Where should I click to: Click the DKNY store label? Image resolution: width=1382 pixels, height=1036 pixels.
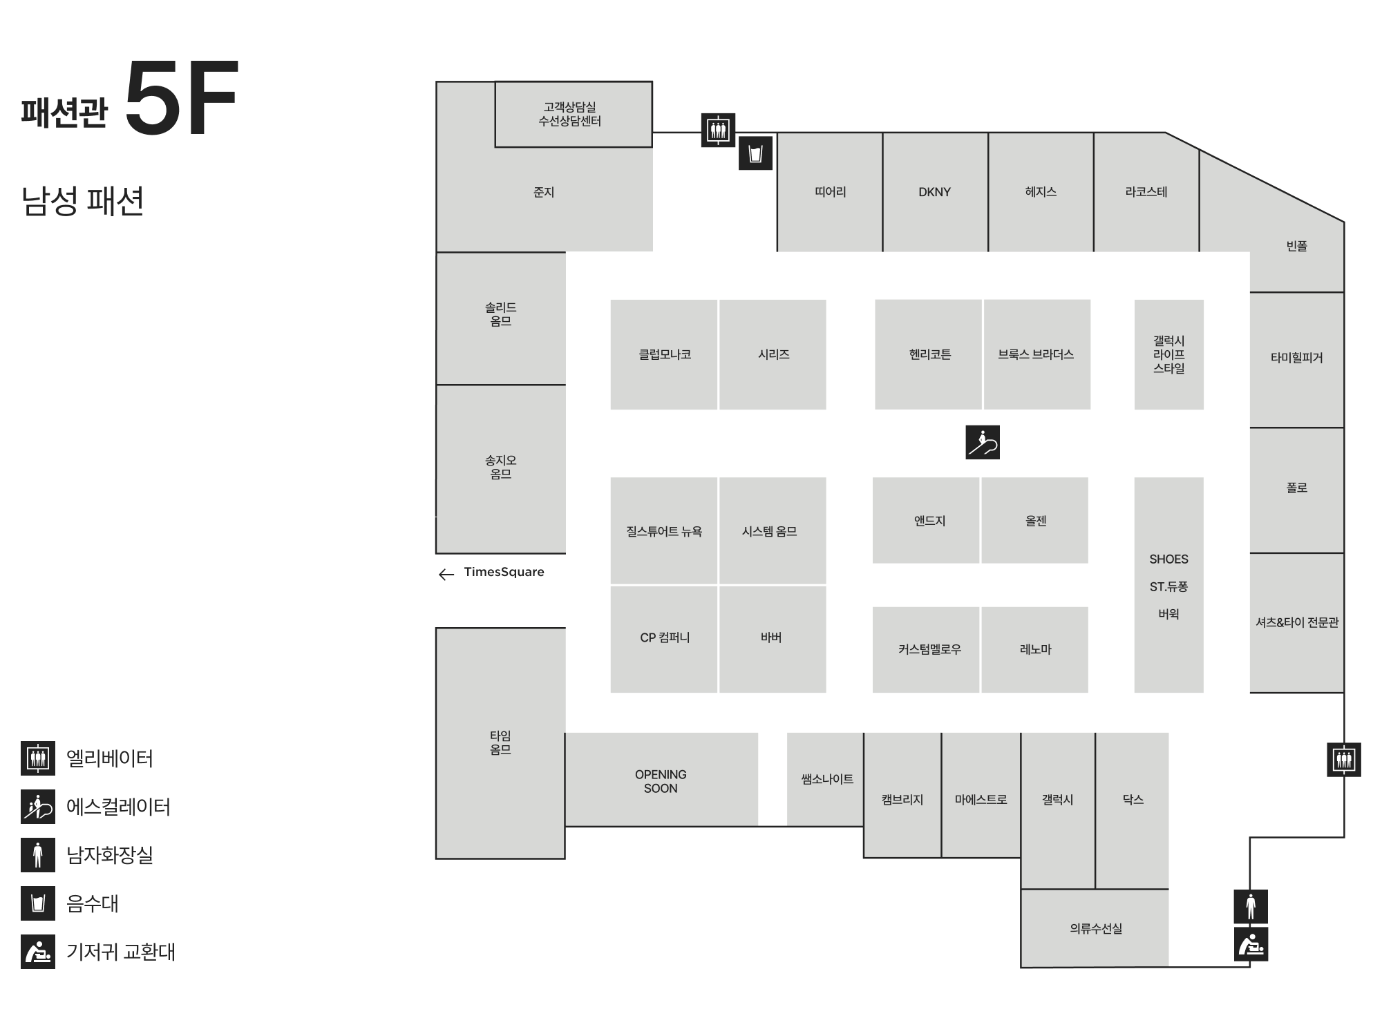coord(934,192)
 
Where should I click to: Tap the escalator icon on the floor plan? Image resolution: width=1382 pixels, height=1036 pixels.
coord(983,443)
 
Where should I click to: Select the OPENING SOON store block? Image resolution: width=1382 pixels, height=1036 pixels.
coord(661,779)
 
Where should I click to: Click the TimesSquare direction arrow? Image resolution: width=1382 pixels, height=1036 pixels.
coord(446,574)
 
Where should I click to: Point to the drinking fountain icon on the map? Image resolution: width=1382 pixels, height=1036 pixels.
coord(755,153)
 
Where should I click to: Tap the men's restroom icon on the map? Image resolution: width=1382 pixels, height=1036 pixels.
coord(1251,906)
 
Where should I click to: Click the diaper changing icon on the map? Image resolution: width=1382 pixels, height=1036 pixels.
coord(1251,944)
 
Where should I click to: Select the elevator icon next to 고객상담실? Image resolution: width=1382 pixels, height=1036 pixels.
coord(718,130)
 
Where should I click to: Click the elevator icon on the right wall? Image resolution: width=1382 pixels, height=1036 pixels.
coord(1344,760)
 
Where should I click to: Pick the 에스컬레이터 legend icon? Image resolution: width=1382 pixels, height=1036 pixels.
coord(38,807)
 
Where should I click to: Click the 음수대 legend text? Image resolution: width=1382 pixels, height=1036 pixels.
coord(93,903)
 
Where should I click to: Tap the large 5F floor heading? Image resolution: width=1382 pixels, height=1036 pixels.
coord(182,97)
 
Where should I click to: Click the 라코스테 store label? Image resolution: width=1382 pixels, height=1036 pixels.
coord(1146,192)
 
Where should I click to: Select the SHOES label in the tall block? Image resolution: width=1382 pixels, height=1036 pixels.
coord(1168,559)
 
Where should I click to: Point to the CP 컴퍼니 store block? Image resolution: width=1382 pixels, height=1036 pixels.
coord(664,639)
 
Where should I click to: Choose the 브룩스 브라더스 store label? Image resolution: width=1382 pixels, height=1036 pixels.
coord(1036,354)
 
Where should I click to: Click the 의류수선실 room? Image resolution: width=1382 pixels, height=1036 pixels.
coord(1095,928)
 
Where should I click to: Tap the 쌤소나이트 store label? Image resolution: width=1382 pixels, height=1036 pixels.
coord(827,779)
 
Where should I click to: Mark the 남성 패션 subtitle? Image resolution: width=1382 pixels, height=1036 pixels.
coord(83,202)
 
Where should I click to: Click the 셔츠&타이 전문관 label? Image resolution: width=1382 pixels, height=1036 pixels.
coord(1297,622)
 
